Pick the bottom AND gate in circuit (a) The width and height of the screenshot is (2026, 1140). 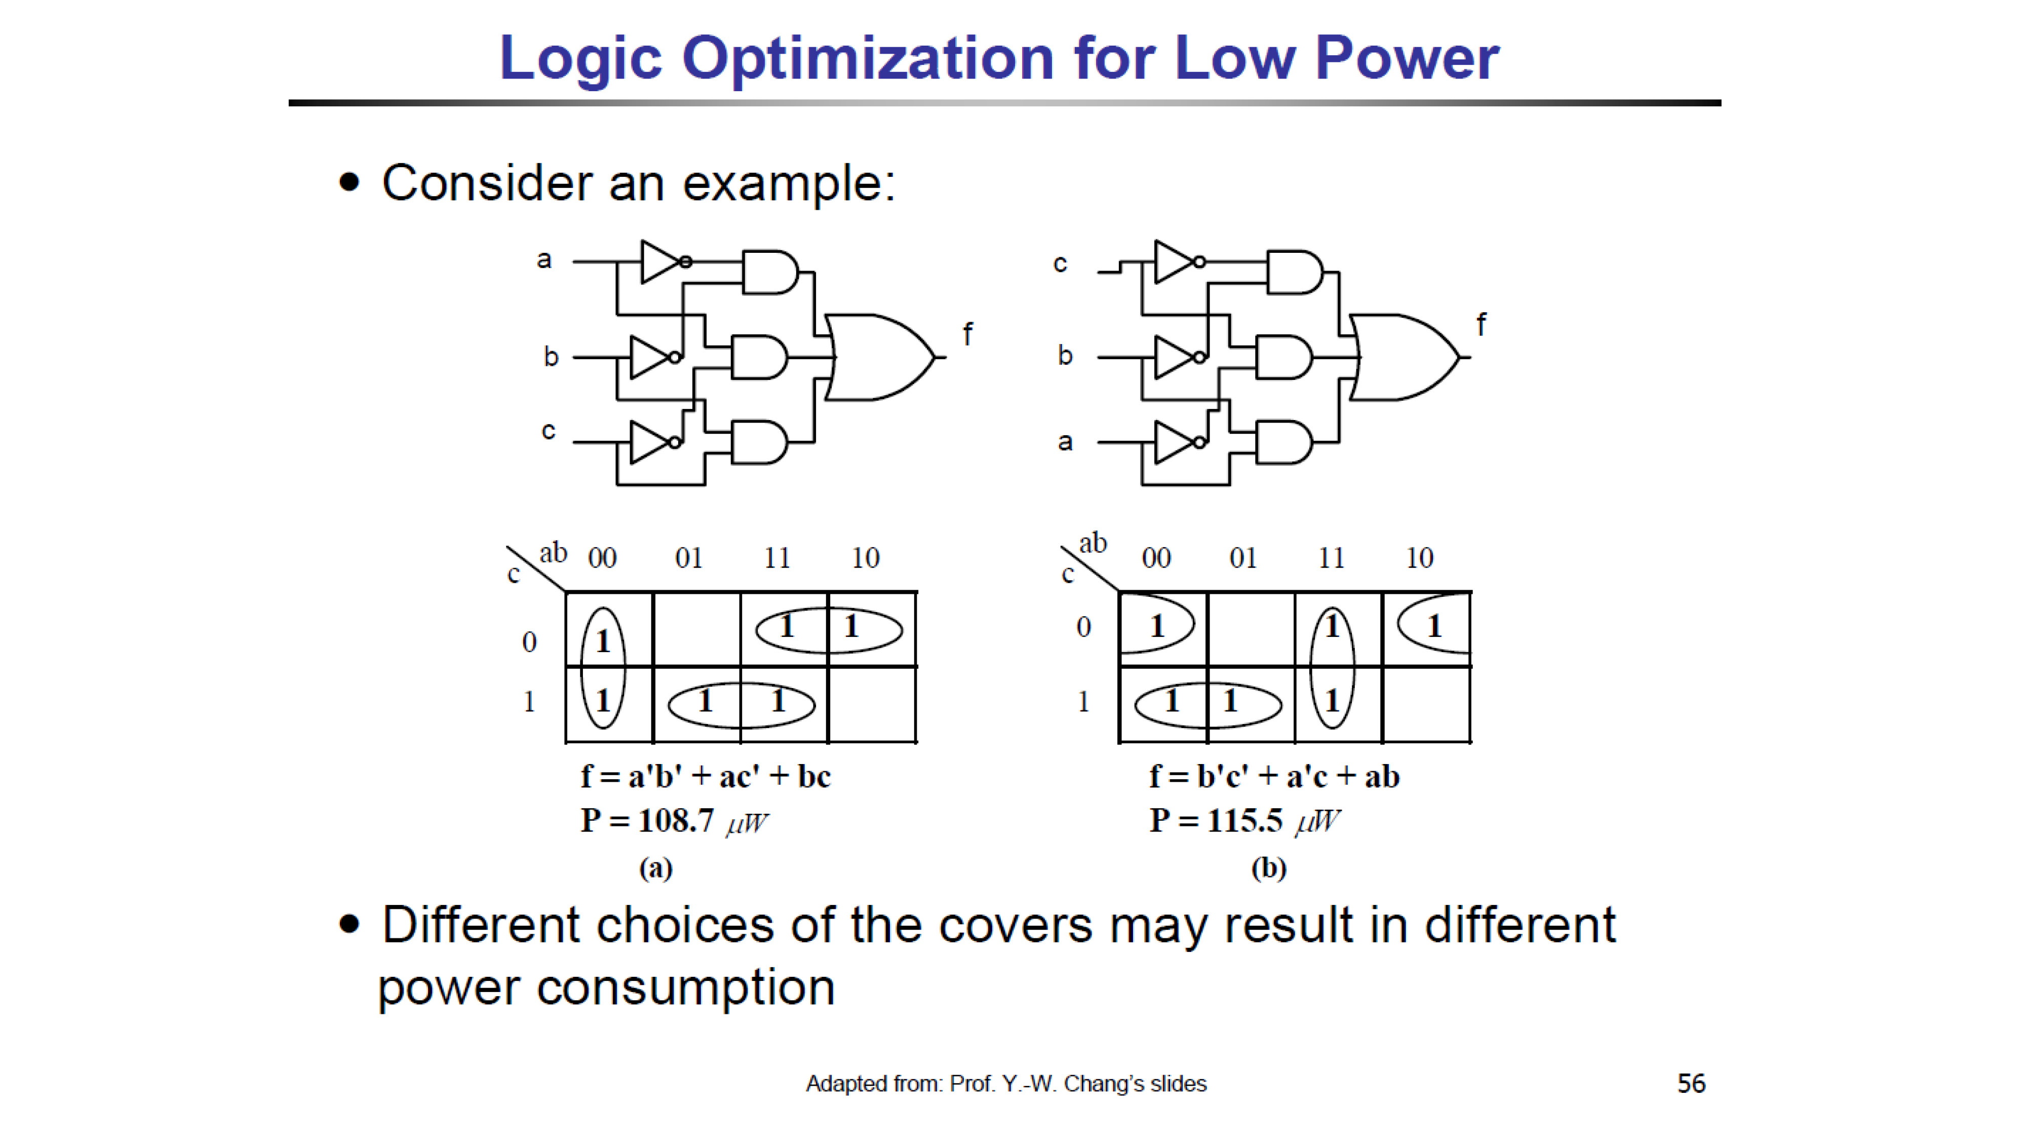coord(759,442)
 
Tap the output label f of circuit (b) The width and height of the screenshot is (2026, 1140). coord(1481,324)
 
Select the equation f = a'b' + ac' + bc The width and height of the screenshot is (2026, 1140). coord(706,777)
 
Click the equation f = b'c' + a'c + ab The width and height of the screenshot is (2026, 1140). coord(1274,777)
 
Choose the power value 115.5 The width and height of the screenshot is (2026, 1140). coord(1245,821)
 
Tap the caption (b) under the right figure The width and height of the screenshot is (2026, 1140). coord(1269,868)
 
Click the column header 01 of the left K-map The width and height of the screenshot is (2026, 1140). coord(689,558)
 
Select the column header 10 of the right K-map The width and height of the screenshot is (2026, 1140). coord(1420,558)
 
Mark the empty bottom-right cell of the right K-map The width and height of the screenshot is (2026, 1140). coord(1426,704)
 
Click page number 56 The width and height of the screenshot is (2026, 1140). coord(1691,1083)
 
